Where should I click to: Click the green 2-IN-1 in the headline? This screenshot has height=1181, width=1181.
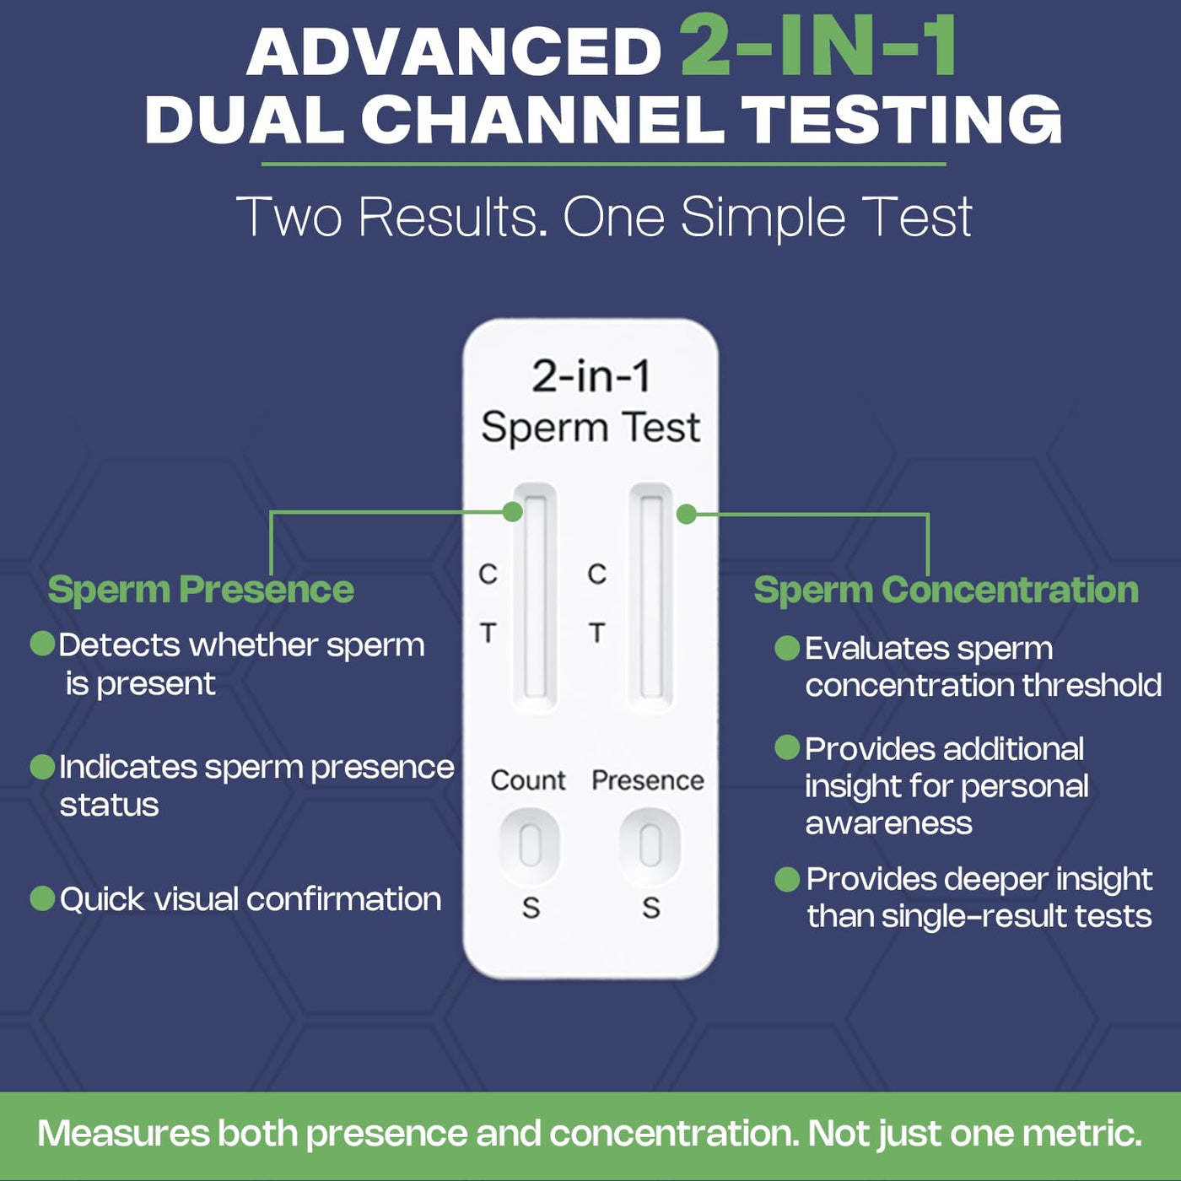tap(818, 46)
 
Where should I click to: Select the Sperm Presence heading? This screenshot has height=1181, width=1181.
tap(201, 590)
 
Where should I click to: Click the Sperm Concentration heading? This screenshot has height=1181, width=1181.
tap(946, 590)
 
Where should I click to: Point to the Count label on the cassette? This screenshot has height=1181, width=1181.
tap(528, 781)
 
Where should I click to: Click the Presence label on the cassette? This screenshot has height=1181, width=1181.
tap(648, 781)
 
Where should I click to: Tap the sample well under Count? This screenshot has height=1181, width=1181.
tap(530, 846)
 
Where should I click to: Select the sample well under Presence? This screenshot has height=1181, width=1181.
tap(650, 846)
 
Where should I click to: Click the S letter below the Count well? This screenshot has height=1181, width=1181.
tap(531, 908)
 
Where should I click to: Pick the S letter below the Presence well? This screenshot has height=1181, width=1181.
tap(651, 908)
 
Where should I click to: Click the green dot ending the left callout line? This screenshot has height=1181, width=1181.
tap(512, 512)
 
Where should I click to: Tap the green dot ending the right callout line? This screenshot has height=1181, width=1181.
tap(687, 514)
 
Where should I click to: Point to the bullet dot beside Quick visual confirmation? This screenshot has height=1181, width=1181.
tap(42, 898)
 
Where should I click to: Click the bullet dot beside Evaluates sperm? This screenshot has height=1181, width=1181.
tap(787, 647)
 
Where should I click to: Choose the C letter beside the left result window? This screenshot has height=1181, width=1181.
tap(488, 574)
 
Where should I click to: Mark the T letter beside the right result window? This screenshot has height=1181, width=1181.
tap(597, 632)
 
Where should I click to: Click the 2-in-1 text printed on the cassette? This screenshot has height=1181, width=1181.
tap(590, 375)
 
